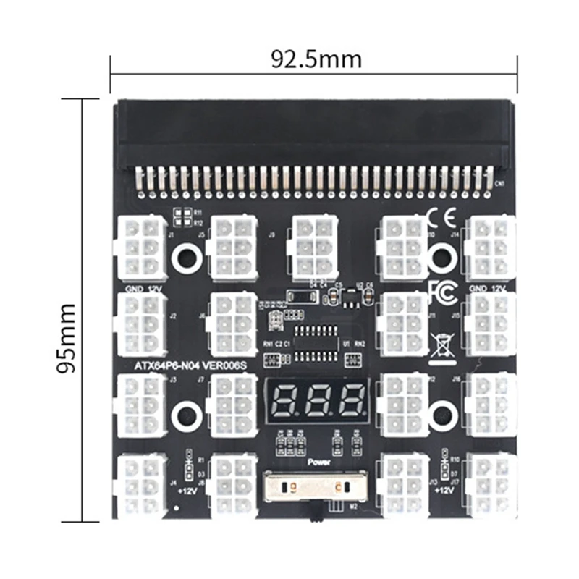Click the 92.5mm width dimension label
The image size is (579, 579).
click(316, 59)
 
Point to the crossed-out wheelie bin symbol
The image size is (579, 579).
click(441, 345)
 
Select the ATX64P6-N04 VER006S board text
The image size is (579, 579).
click(190, 366)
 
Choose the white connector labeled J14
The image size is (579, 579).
click(490, 247)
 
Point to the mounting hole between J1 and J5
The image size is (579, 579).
click(187, 256)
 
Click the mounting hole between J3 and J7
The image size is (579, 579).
click(187, 415)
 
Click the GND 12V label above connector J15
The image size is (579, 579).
click(487, 288)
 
